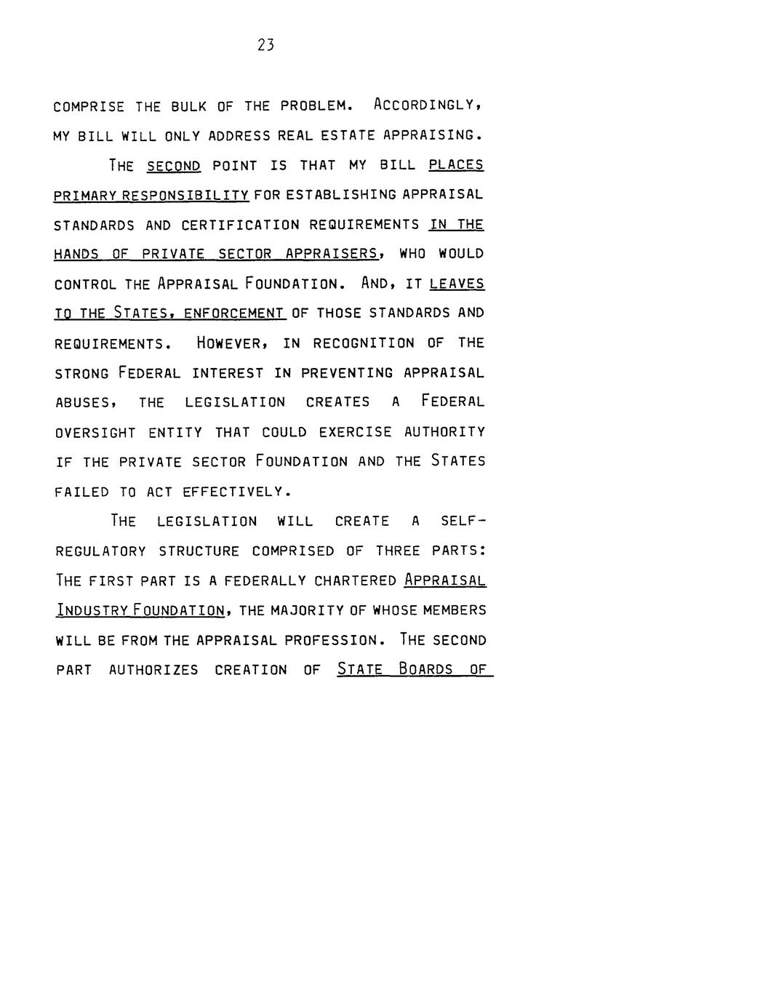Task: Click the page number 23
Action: [265, 45]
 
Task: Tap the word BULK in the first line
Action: [188, 106]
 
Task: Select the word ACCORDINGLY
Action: [428, 105]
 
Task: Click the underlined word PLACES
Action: [456, 165]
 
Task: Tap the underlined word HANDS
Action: [76, 254]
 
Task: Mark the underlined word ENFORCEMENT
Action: [234, 313]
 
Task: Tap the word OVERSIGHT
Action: [95, 432]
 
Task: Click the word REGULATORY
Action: [100, 551]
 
